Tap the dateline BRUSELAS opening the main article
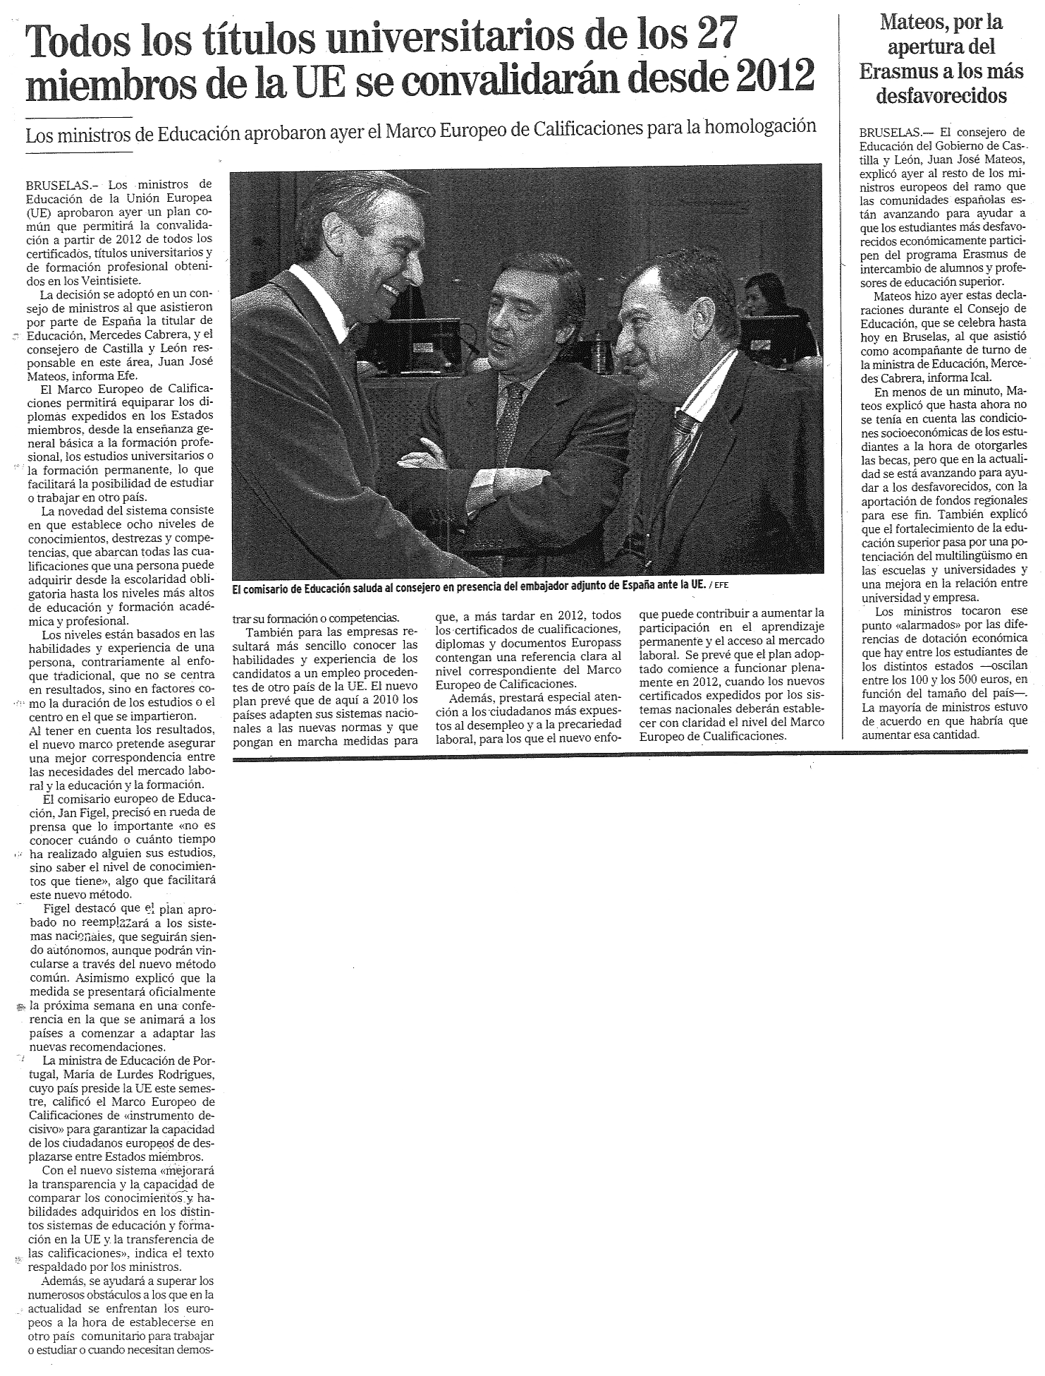[x=57, y=186]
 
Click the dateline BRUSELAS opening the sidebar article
[x=891, y=132]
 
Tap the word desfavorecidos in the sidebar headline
[x=941, y=96]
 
